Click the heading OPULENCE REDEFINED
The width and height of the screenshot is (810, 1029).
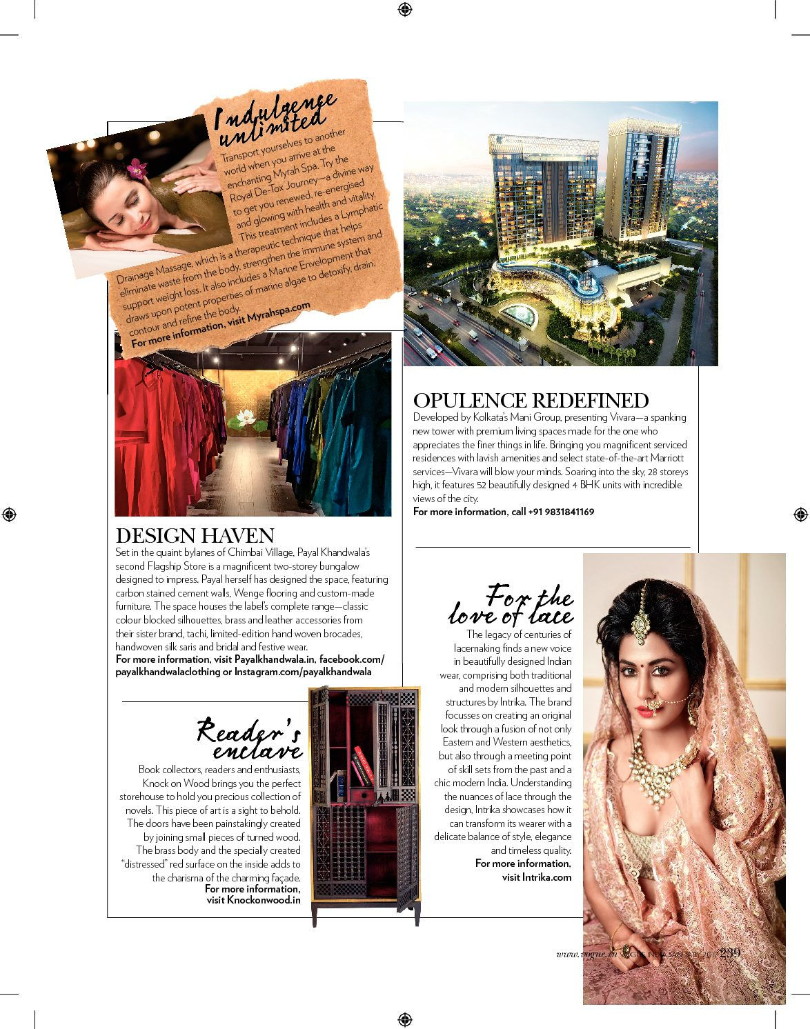[531, 401]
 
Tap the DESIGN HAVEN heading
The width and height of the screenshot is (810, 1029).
[195, 536]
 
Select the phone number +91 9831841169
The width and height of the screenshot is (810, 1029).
[561, 512]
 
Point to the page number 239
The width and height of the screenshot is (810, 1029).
[730, 952]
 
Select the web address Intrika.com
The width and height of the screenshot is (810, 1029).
[547, 877]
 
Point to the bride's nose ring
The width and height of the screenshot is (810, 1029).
[654, 706]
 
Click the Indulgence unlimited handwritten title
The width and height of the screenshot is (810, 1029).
[274, 117]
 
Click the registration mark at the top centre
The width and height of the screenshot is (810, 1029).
[405, 9]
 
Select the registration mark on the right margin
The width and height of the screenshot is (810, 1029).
[800, 514]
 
